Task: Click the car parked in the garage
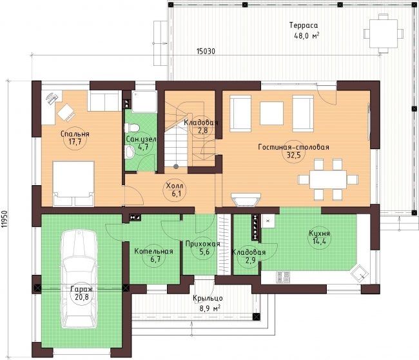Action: [x=79, y=279]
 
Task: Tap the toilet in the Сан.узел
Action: [x=132, y=128]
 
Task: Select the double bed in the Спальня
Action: [x=73, y=183]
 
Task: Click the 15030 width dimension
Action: [x=206, y=51]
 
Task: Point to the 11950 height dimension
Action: [x=4, y=219]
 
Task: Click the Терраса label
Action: [x=304, y=25]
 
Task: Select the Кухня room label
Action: [x=319, y=233]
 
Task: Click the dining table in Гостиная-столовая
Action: [x=328, y=179]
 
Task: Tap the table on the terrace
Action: [x=384, y=34]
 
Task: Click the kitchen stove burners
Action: [x=283, y=277]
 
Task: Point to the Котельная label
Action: [x=153, y=252]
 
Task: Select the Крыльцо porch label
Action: [x=208, y=298]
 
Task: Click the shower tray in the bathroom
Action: [x=144, y=102]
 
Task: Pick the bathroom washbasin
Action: [x=130, y=152]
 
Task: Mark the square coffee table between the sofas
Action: [x=271, y=113]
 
